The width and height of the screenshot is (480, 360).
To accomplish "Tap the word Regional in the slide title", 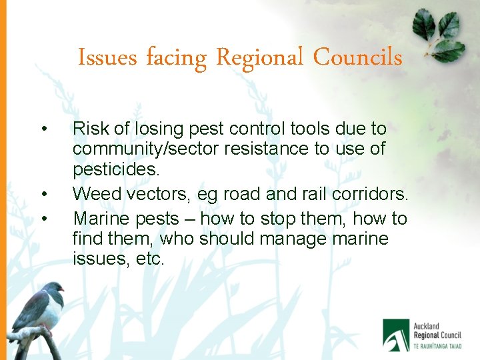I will point(261,58).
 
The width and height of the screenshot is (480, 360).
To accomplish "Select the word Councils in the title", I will point(357,57).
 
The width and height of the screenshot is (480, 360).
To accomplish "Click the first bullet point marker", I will point(43,129).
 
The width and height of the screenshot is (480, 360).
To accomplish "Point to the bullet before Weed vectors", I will point(43,194).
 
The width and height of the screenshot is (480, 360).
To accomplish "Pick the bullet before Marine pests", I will point(43,219).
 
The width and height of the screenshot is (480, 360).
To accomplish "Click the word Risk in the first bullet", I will point(89,128).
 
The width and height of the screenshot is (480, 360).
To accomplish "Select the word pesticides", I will point(116,169).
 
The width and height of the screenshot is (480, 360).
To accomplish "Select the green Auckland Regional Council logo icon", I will point(396,333).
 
